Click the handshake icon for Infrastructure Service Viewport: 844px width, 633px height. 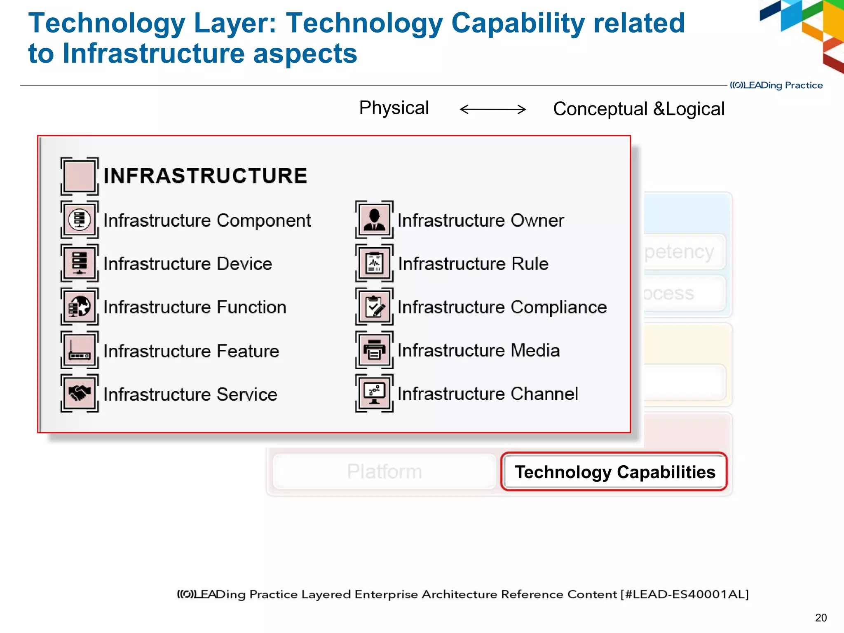[80, 393]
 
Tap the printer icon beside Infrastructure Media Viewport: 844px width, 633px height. [374, 350]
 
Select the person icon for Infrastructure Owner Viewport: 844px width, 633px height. [374, 220]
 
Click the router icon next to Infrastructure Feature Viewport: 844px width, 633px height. [80, 350]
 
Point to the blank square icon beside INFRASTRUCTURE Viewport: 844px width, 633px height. [80, 176]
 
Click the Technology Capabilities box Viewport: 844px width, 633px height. [614, 472]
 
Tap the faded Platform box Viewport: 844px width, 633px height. [384, 471]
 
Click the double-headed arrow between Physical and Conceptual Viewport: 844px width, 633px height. [492, 109]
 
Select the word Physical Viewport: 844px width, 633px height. [394, 108]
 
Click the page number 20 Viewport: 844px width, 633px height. [821, 618]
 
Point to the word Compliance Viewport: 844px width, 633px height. [558, 307]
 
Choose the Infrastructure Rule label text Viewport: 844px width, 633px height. [473, 264]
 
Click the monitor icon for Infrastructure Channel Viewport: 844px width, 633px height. [374, 393]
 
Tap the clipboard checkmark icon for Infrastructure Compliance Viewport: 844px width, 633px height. [374, 307]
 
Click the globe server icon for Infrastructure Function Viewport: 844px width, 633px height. [80, 307]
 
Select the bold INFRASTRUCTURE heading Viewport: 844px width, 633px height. [205, 176]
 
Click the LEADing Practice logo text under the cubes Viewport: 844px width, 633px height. [776, 85]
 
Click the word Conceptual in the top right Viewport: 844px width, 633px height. [600, 109]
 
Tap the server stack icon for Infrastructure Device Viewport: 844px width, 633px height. [80, 263]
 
